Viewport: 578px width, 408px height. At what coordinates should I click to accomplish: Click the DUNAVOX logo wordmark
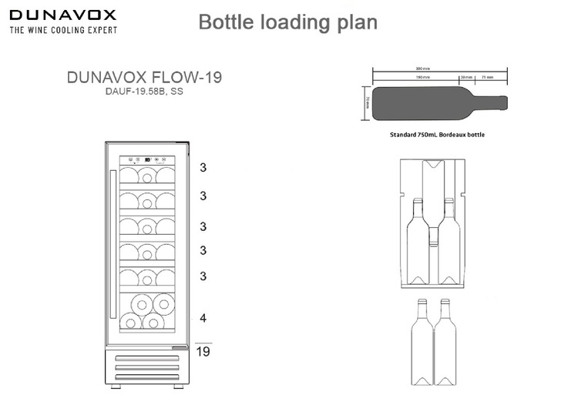click(62, 15)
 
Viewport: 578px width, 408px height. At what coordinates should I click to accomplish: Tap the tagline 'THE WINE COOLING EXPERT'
click(62, 30)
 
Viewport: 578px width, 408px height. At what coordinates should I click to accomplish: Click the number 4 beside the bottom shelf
click(203, 318)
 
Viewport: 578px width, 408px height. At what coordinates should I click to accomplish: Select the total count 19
click(203, 352)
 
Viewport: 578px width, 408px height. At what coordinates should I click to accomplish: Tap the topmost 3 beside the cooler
click(203, 168)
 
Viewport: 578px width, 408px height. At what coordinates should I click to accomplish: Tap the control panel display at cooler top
click(146, 161)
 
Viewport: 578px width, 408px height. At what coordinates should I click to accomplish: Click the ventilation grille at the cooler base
click(146, 366)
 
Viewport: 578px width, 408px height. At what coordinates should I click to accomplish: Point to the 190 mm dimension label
click(422, 77)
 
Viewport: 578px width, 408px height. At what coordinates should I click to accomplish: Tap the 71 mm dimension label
click(488, 77)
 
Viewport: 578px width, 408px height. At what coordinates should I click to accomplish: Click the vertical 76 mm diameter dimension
click(367, 103)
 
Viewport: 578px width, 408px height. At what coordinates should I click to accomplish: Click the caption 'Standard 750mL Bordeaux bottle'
click(438, 134)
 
